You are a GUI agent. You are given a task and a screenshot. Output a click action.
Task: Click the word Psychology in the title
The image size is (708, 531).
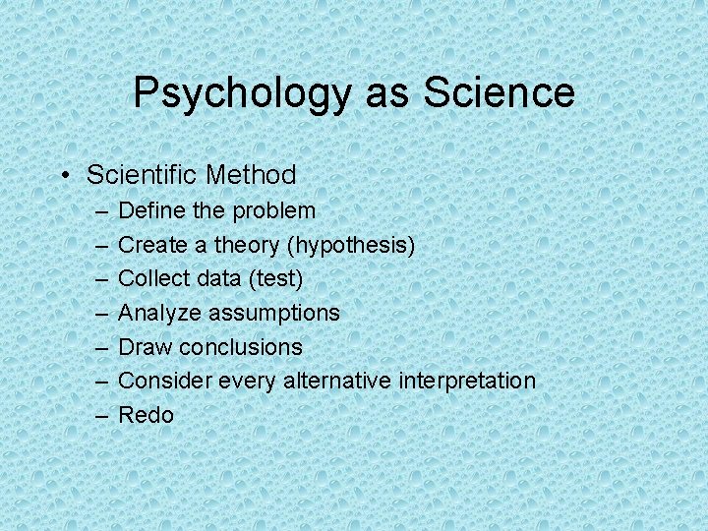point(242,94)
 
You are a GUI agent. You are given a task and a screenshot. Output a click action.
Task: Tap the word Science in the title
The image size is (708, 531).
point(499,92)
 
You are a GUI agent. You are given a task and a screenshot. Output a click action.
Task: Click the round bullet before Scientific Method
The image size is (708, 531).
point(63,176)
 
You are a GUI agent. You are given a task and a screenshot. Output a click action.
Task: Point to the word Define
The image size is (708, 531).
point(147,210)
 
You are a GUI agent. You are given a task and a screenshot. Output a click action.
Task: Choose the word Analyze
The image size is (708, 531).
point(154,313)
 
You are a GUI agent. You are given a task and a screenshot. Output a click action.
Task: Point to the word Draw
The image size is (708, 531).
point(143,347)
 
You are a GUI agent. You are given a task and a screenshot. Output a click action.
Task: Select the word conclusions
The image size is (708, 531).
point(242,347)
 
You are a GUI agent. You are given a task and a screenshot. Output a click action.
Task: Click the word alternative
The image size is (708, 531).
point(337,381)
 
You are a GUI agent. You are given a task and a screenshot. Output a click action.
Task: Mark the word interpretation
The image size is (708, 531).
point(467,381)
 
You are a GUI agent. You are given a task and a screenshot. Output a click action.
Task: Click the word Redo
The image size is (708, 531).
point(146,415)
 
